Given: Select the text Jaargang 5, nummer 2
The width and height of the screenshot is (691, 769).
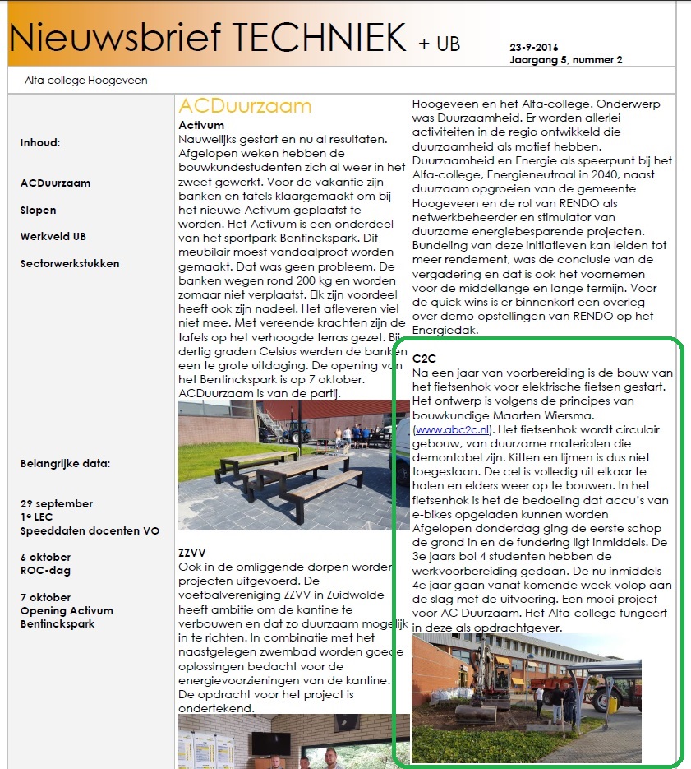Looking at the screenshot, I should point(565,59).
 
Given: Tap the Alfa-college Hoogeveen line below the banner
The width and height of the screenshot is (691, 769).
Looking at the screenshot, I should point(81,81).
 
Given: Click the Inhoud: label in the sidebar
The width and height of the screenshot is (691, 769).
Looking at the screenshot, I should point(40,142).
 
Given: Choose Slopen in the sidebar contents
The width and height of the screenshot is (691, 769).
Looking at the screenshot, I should point(38,210).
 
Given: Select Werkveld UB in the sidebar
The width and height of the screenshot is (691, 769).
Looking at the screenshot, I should point(53,237).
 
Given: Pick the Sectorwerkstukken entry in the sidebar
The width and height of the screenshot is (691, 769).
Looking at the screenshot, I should point(69,263).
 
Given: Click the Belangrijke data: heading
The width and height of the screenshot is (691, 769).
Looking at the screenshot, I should point(65,463).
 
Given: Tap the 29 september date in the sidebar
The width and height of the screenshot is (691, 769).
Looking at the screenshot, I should point(56,503).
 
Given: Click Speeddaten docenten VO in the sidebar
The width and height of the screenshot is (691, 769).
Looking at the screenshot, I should point(90,530).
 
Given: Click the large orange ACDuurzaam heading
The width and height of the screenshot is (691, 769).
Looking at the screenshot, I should point(245,106).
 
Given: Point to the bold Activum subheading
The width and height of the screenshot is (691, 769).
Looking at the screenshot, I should point(200,125).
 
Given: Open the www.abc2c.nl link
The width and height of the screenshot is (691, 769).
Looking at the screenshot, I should point(453,429).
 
